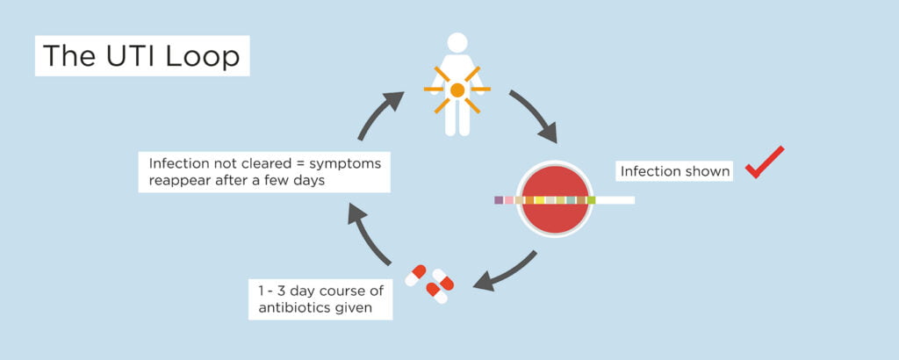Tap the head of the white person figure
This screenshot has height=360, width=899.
pyautogui.click(x=457, y=43)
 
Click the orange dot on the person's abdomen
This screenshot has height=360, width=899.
pyautogui.click(x=457, y=90)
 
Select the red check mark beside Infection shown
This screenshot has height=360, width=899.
pyautogui.click(x=765, y=162)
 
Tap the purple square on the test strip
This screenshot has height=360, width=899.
pyautogui.click(x=499, y=200)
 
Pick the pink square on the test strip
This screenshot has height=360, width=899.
pyautogui.click(x=509, y=200)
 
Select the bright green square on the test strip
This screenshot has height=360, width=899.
pyautogui.click(x=591, y=200)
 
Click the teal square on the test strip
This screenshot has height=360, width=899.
pyautogui.click(x=571, y=200)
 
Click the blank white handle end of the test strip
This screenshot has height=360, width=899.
pyautogui.click(x=615, y=200)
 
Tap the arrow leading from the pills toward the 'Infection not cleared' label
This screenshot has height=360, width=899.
pyautogui.click(x=368, y=234)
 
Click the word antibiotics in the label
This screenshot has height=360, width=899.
pyautogui.click(x=294, y=308)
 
